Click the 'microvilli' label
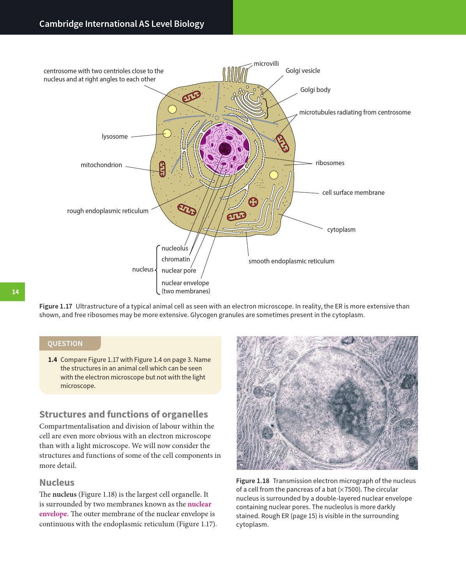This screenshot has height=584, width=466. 266,64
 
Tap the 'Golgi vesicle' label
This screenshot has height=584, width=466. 303,71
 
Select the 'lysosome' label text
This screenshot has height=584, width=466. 115,136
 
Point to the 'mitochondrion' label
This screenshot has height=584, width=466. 101,165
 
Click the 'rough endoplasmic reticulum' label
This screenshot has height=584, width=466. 108,211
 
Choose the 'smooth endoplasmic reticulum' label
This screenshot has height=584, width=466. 291,261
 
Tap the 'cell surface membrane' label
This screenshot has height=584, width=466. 353,192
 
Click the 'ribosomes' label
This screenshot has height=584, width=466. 330,163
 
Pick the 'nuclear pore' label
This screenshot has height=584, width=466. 179,270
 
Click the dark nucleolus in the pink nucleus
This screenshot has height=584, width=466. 224,148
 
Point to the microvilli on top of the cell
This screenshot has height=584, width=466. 235,74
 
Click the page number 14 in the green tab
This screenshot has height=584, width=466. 15,292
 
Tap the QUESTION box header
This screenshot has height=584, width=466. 65,344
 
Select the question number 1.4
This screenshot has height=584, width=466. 53,360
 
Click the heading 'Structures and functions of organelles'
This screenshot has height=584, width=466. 124,414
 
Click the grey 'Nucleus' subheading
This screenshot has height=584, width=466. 57,482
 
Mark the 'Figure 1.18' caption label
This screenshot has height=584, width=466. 252,481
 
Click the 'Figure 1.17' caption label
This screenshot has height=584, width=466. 56,306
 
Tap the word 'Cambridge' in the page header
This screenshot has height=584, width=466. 61,24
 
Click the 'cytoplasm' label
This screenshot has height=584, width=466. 341,229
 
